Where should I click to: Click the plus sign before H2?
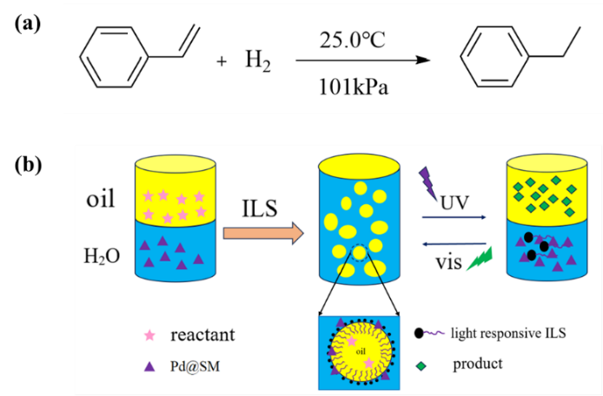(222, 63)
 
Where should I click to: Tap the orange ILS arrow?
(262, 232)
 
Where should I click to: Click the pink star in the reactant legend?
(149, 334)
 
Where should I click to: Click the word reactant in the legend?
(202, 334)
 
